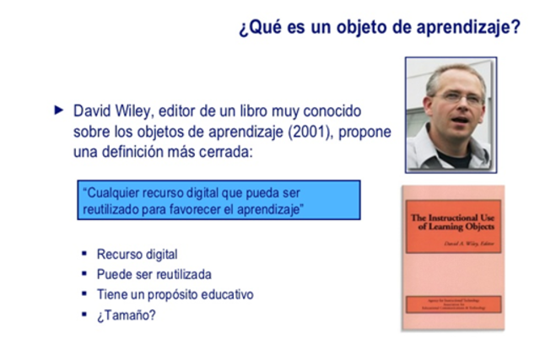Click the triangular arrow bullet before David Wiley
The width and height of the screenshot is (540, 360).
(x=57, y=110)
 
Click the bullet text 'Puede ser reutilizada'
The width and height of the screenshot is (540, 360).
(x=154, y=274)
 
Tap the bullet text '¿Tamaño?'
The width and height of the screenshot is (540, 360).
(x=127, y=315)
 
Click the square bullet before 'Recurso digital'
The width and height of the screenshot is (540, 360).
(x=84, y=254)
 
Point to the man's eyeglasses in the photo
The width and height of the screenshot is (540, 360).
(x=460, y=97)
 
